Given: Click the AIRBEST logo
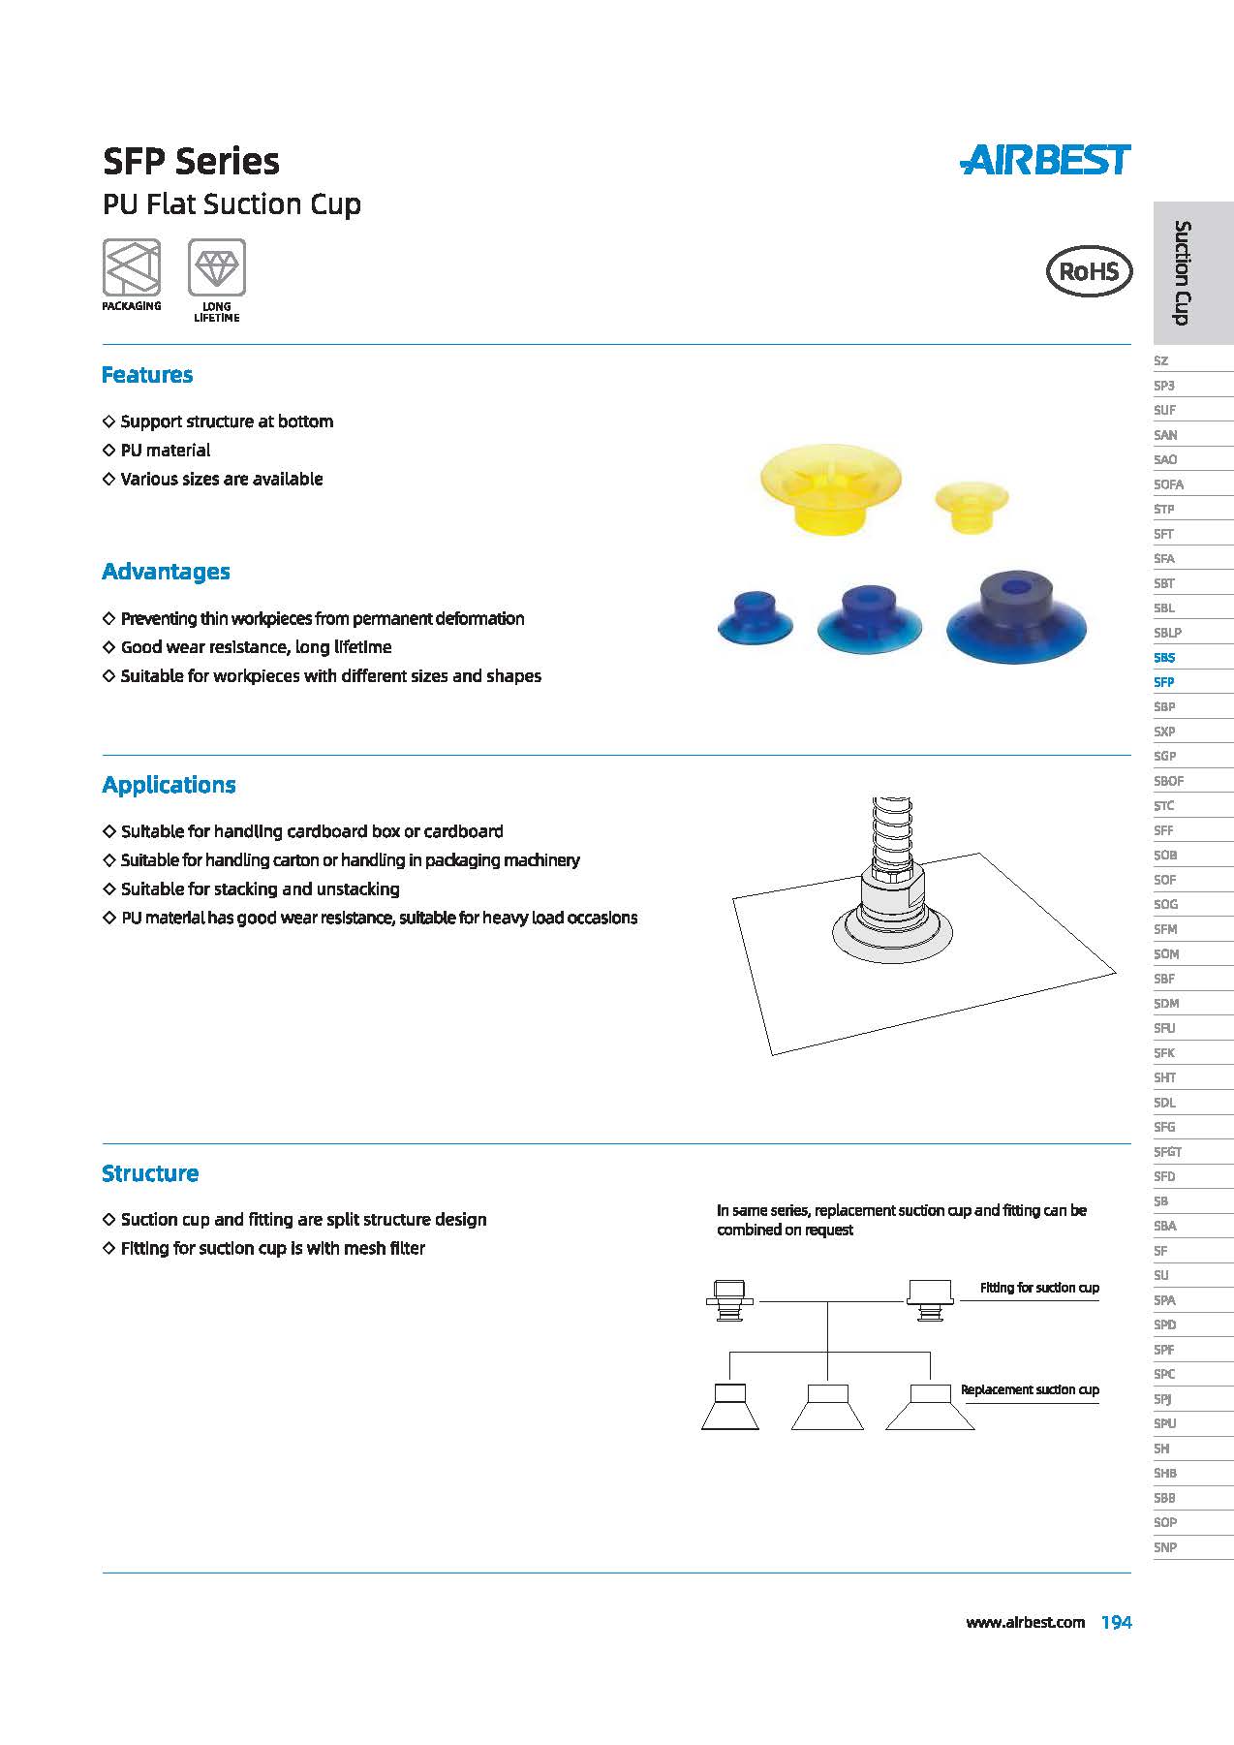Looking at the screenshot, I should click(x=1045, y=160).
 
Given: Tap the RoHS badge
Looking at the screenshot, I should click(x=1089, y=270).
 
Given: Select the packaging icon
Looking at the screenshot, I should click(x=132, y=267).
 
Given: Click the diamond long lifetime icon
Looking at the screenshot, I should click(x=217, y=267).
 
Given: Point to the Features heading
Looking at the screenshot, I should click(x=147, y=375).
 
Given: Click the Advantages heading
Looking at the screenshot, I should click(x=166, y=572).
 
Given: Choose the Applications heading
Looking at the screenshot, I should click(x=169, y=785).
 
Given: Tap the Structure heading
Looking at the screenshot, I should click(x=150, y=1173).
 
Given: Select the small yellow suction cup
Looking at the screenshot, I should click(x=972, y=507).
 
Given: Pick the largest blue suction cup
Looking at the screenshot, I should click(x=1016, y=617).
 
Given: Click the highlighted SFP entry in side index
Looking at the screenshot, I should click(x=1164, y=682).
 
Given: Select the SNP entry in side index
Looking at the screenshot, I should click(x=1165, y=1547).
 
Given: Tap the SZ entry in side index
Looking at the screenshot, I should click(x=1161, y=360).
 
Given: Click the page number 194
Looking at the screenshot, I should click(x=1116, y=1622).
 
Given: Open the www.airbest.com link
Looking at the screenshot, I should click(x=1025, y=1622).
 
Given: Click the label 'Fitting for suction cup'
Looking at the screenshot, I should click(x=1039, y=1288).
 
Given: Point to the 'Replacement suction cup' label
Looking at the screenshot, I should click(x=1030, y=1389).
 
